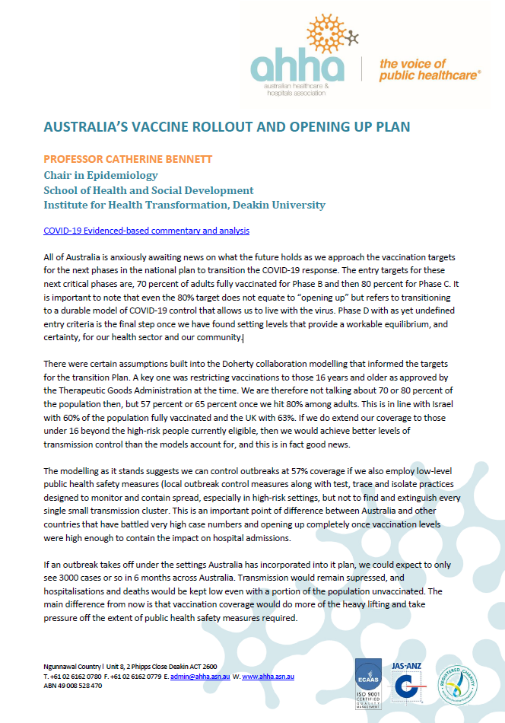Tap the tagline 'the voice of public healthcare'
(x=430, y=69)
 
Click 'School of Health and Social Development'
(x=148, y=190)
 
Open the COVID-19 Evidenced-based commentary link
(x=146, y=230)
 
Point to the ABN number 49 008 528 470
(x=75, y=686)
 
